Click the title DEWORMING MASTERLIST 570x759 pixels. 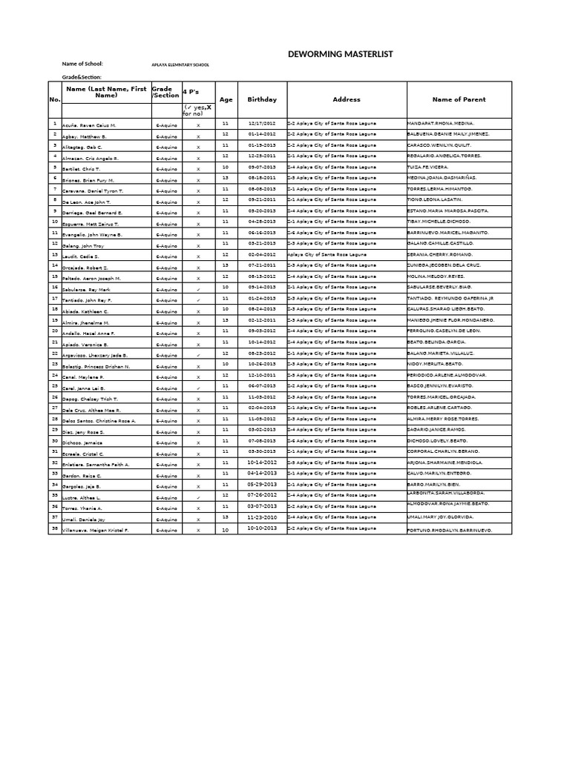pyautogui.click(x=340, y=54)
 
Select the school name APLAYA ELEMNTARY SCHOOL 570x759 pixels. pyautogui.click(x=180, y=65)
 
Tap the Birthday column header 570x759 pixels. pyautogui.click(x=262, y=99)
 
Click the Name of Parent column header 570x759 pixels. pyautogui.click(x=459, y=99)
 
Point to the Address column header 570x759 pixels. pyautogui.click(x=347, y=99)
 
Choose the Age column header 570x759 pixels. pyautogui.click(x=226, y=99)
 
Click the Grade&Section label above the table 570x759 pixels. pyautogui.click(x=82, y=77)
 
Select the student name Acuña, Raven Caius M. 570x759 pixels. pyautogui.click(x=90, y=126)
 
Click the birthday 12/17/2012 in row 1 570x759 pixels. pyautogui.click(x=262, y=123)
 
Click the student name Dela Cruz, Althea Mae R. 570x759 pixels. pyautogui.click(x=93, y=410)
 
